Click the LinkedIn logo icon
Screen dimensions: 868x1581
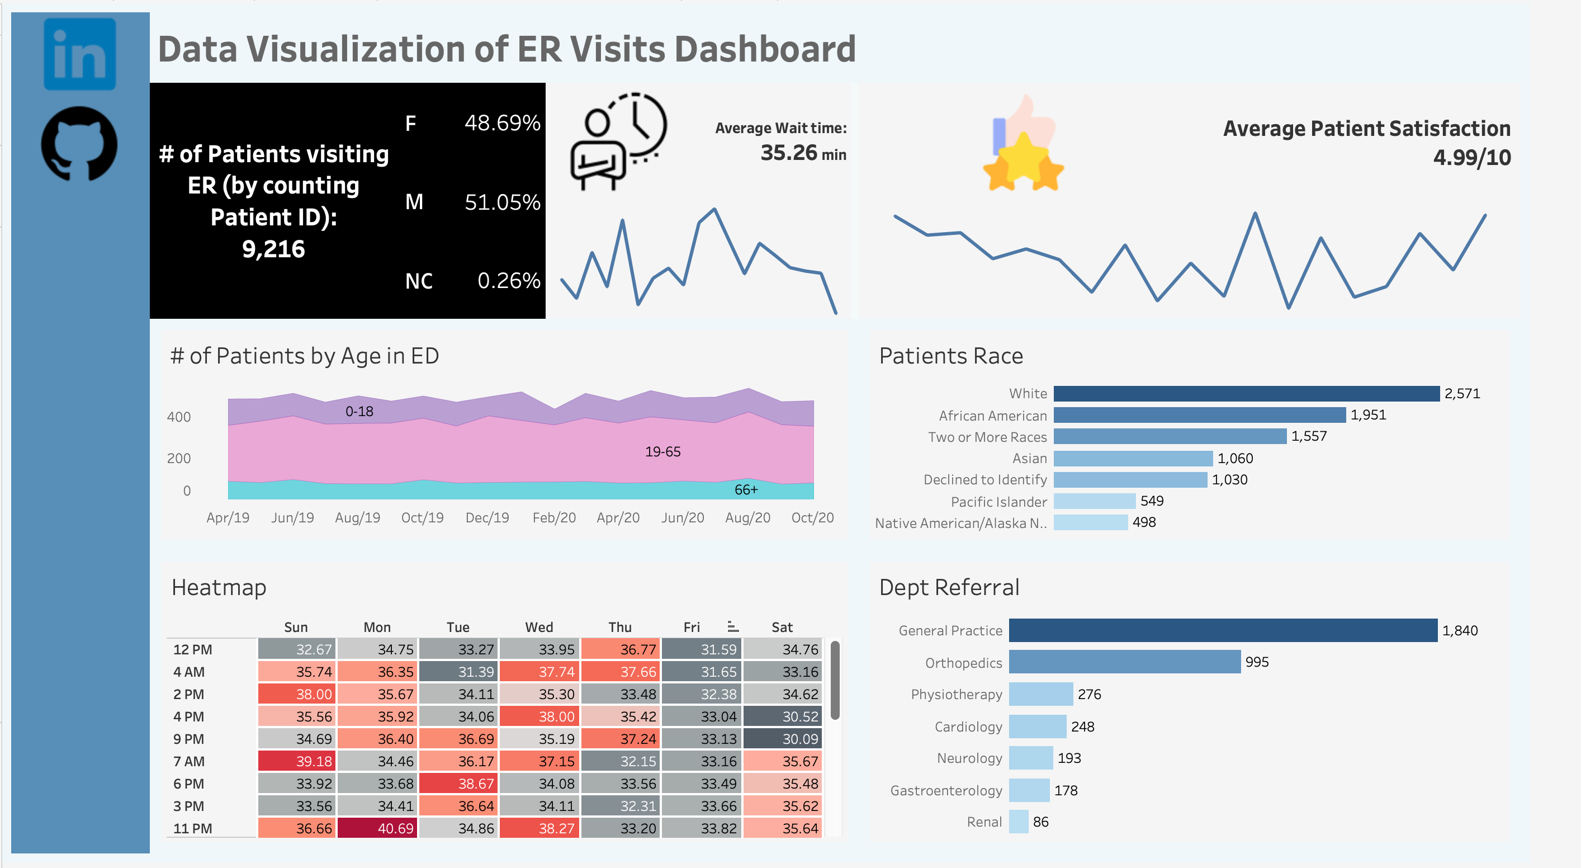[x=80, y=54]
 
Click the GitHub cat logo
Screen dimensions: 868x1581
[x=79, y=144]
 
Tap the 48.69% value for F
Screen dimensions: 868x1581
[x=502, y=123]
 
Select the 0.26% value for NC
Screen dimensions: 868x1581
[x=508, y=281]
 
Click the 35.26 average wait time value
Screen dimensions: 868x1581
[x=789, y=152]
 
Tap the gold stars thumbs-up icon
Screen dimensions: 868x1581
[x=1023, y=145]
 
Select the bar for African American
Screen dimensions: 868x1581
[x=1199, y=415]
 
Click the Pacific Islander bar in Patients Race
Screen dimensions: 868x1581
[x=1094, y=501]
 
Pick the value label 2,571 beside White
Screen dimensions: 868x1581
[x=1462, y=394]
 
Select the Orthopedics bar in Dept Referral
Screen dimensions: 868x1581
[x=1124, y=662]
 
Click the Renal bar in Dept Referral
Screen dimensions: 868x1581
[x=1018, y=822]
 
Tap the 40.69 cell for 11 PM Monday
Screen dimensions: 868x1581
[x=377, y=828]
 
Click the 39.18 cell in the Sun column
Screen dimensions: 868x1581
[x=297, y=761]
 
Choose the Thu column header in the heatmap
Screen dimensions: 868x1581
[x=620, y=627]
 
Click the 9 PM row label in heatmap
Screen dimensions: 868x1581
[x=188, y=739]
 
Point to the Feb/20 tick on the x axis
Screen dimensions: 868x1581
[x=553, y=517]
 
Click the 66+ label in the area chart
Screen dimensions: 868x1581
[x=746, y=489]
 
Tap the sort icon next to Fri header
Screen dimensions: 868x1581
[x=732, y=627]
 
